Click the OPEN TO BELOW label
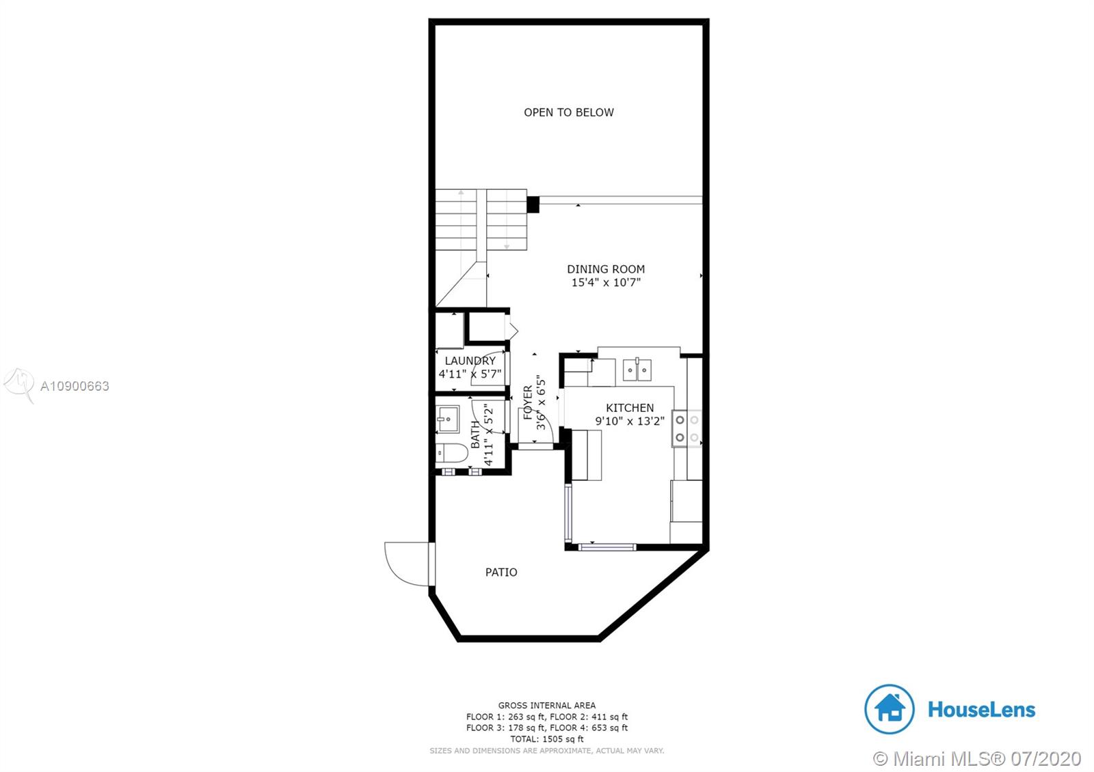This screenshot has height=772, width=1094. (568, 112)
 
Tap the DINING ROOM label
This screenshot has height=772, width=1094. (606, 269)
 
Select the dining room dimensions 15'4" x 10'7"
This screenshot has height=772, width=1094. (606, 282)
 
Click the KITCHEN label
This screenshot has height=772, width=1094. (630, 408)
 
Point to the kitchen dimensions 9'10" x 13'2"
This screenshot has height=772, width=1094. (630, 421)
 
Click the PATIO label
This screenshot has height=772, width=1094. (501, 572)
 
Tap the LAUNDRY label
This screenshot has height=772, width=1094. (470, 361)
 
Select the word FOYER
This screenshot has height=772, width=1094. (528, 402)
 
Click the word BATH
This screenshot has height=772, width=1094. (475, 435)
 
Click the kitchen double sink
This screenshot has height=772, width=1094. (637, 370)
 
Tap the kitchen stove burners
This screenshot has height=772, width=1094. (686, 428)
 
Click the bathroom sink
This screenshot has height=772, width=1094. (447, 419)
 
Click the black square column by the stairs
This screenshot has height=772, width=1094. (533, 204)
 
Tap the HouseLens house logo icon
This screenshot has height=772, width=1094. (889, 709)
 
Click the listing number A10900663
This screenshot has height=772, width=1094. (75, 386)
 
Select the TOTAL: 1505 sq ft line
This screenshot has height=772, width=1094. (547, 739)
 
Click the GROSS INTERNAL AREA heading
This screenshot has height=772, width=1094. (547, 705)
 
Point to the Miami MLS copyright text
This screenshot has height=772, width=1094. (977, 759)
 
